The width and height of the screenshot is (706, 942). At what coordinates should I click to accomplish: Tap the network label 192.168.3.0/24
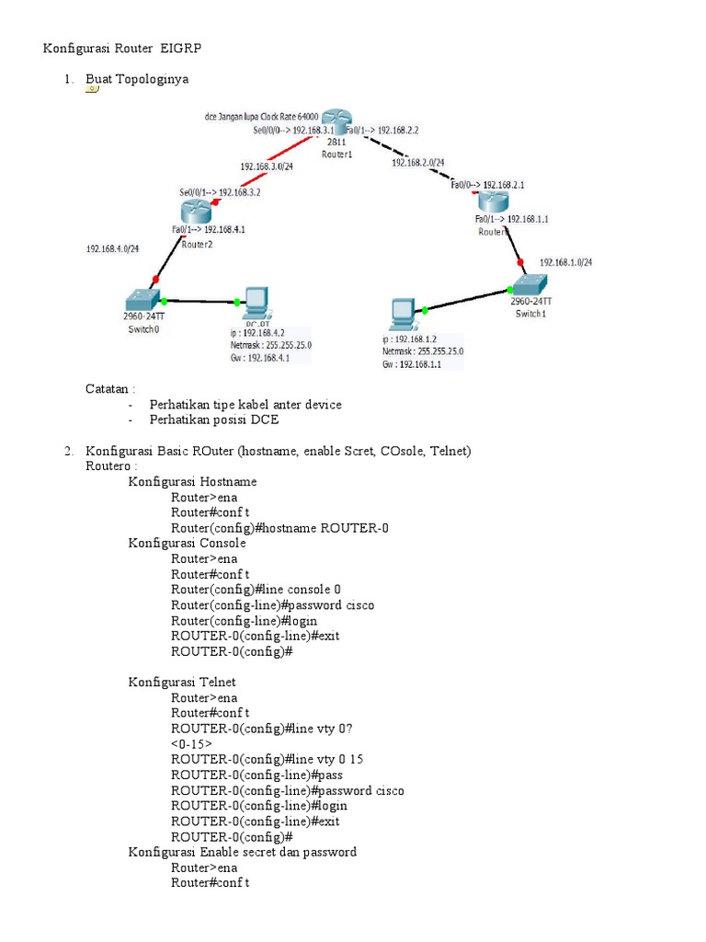point(267,167)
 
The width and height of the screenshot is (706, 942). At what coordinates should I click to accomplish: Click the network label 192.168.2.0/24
point(417,162)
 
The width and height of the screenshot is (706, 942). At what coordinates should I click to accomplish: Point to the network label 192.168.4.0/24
point(112,248)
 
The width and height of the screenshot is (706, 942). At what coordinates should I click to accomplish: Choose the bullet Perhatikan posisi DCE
point(213,419)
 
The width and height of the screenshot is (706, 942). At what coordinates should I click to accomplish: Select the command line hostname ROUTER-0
point(279,527)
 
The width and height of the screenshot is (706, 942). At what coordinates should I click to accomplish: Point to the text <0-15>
point(191,743)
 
